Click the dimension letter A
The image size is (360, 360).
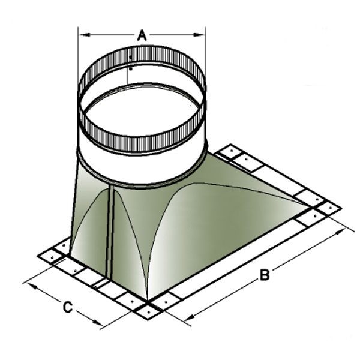[142, 35]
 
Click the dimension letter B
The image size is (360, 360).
[265, 275]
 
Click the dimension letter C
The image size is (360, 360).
[68, 307]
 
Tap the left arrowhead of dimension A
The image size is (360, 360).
[84, 35]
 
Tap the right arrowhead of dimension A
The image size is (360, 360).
[199, 35]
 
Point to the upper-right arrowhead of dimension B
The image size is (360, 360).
[341, 232]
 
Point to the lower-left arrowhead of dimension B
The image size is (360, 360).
[190, 317]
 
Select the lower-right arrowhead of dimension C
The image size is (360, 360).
[98, 322]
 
